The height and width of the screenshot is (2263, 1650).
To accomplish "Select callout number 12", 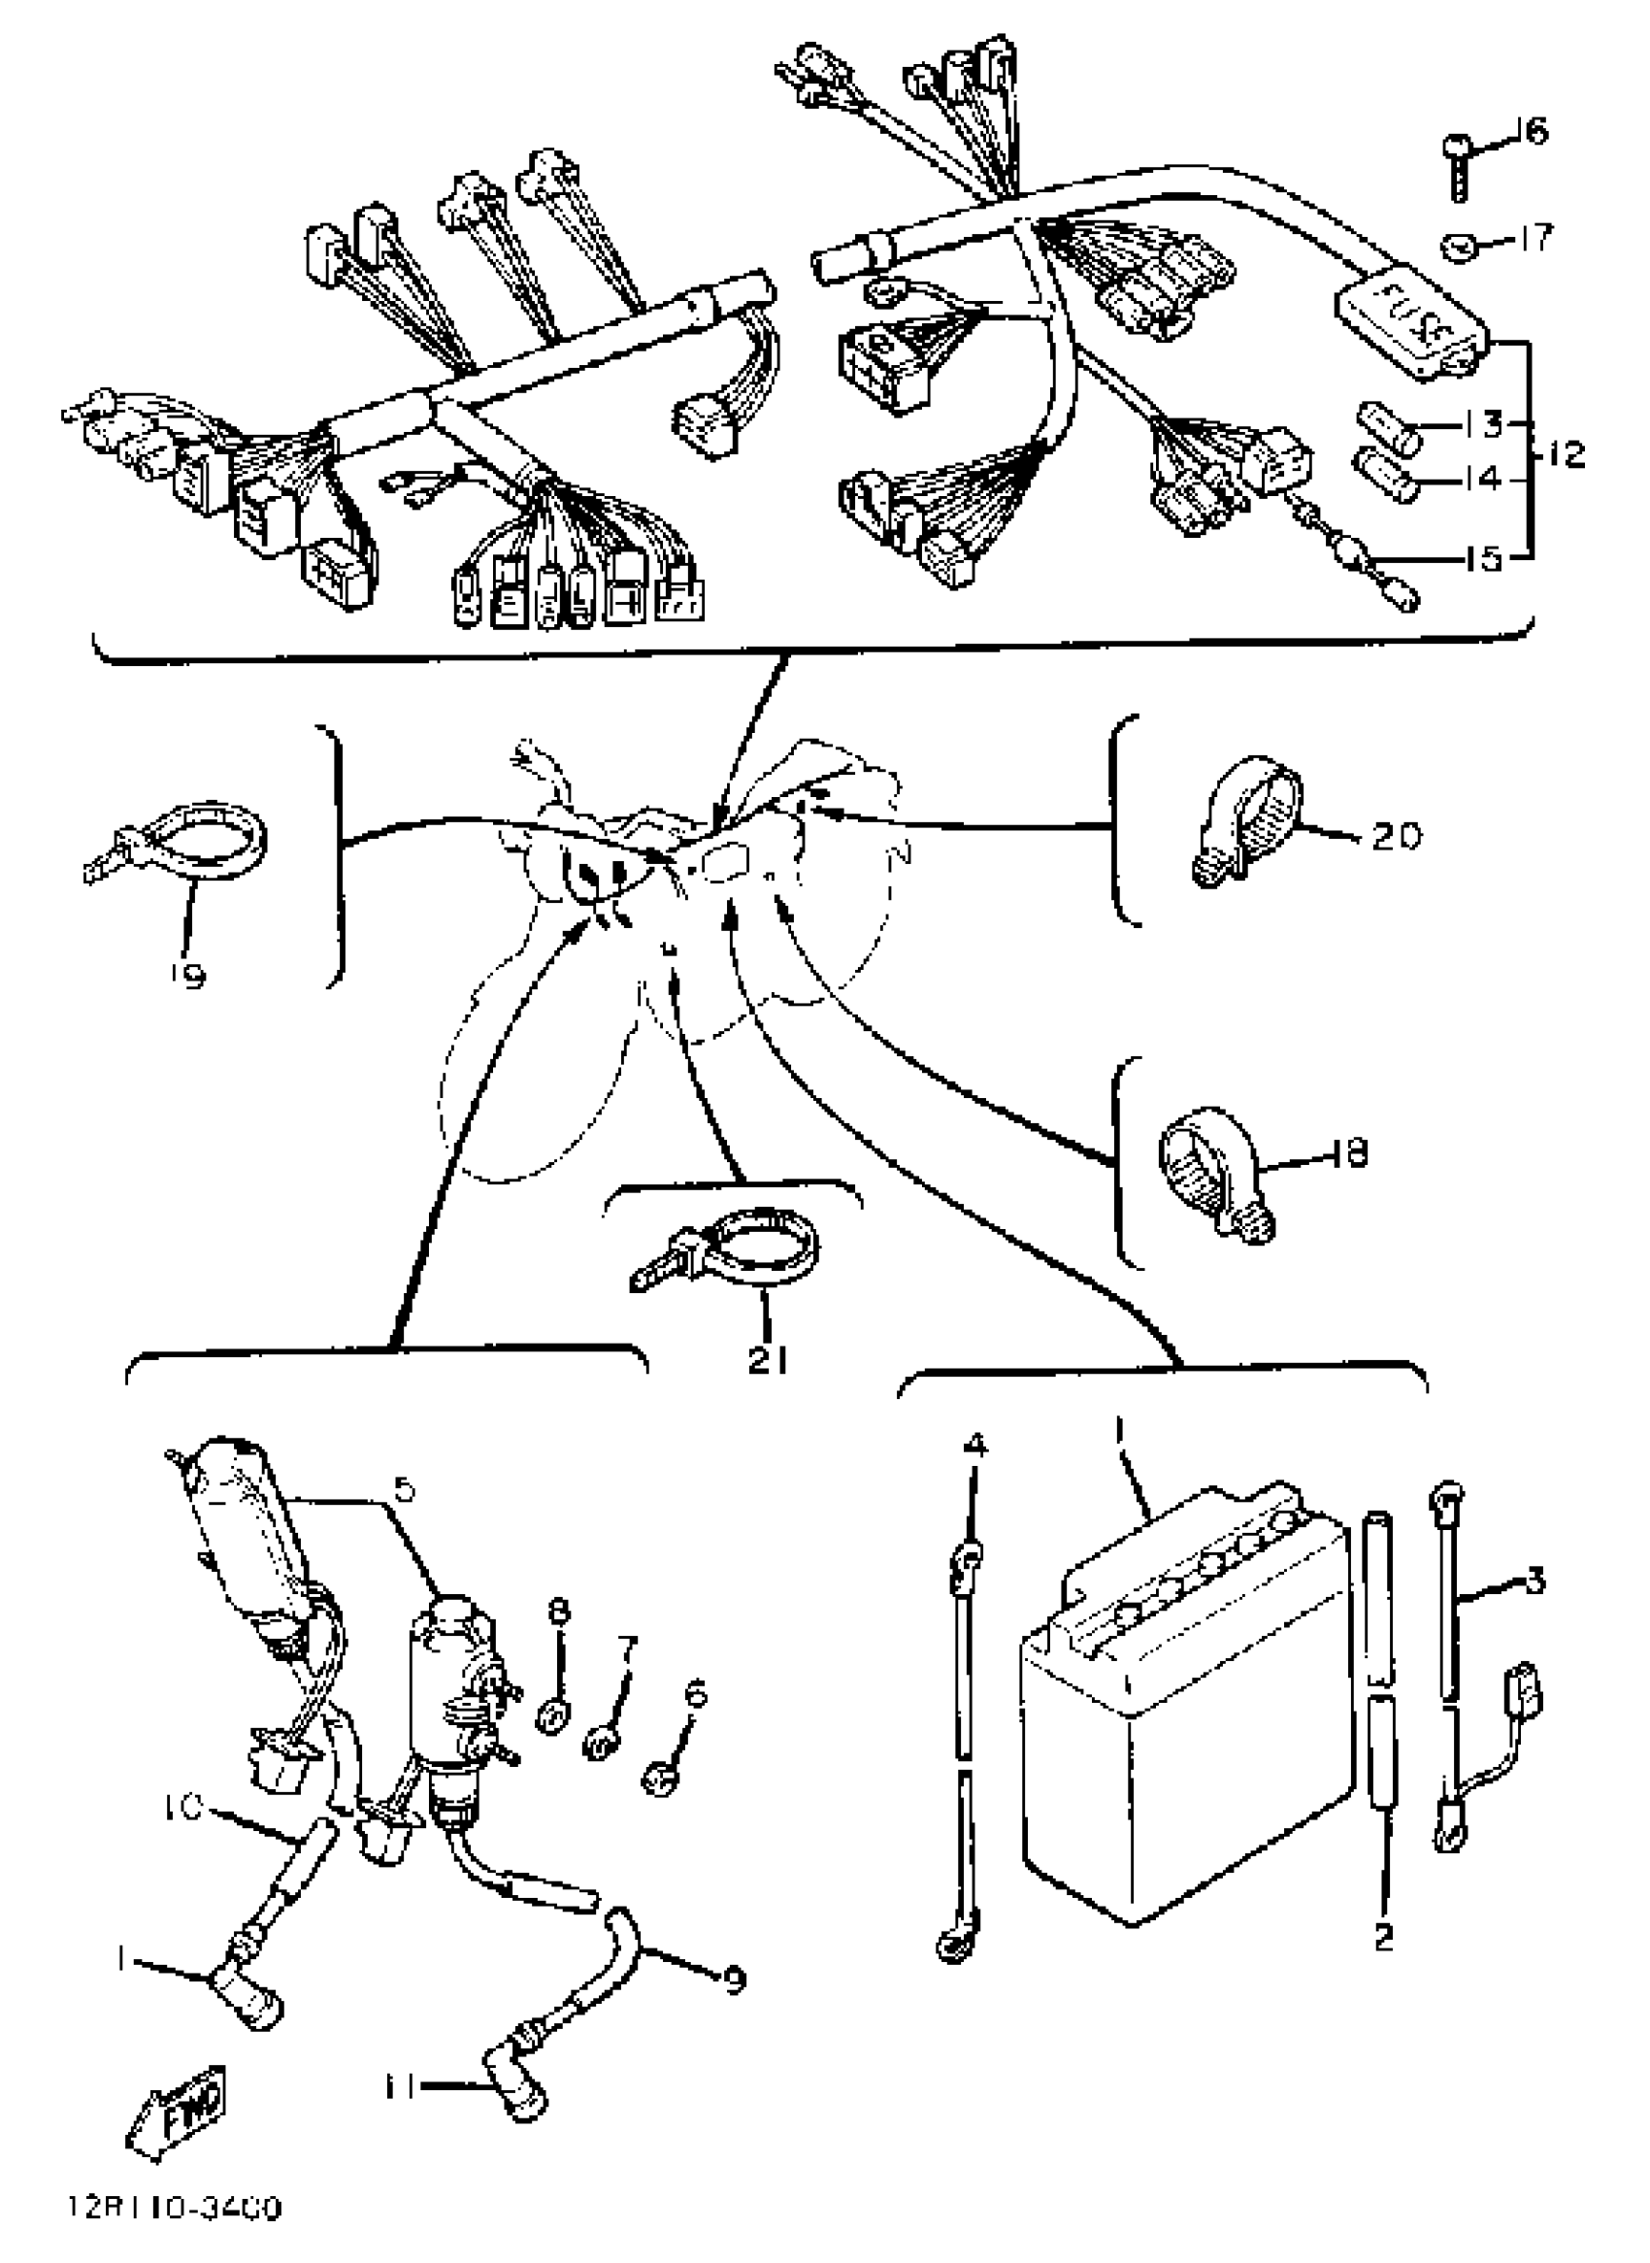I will click(1568, 454).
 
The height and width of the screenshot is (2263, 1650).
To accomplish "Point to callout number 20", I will click(1396, 835).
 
